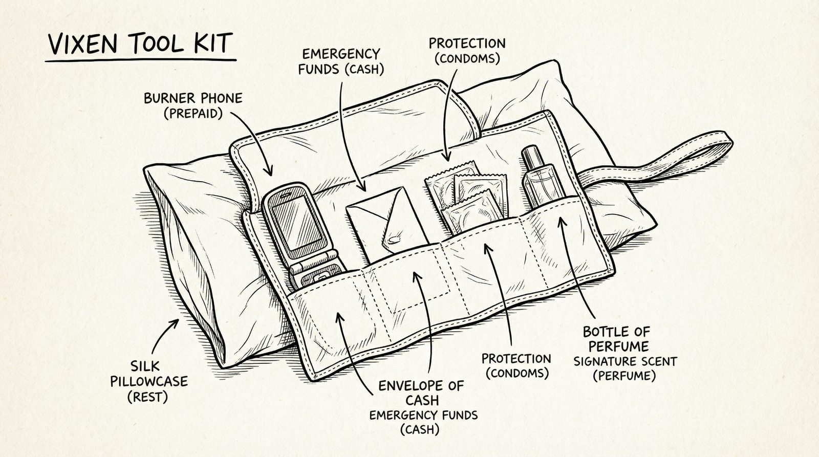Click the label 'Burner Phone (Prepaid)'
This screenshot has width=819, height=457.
pos(193,105)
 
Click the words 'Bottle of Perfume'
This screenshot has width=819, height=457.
pos(616,339)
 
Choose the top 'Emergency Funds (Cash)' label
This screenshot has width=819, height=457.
pos(341,61)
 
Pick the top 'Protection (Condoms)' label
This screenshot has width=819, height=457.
pos(466,50)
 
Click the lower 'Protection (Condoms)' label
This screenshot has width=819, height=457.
pos(516,365)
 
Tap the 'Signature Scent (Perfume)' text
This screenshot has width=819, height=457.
pos(624,368)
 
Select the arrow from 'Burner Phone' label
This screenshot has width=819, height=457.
pos(256,143)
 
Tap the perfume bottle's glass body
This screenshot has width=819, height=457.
pos(537,187)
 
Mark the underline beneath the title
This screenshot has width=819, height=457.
pos(141,60)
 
